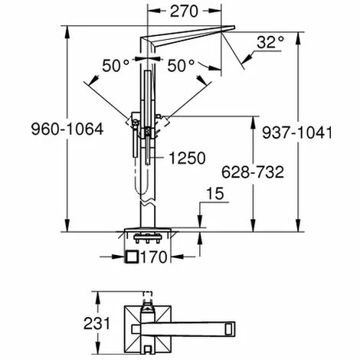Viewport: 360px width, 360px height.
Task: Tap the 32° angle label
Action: tap(270, 42)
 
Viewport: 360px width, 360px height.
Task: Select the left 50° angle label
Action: tap(117, 67)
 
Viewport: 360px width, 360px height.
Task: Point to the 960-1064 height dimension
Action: tap(33, 132)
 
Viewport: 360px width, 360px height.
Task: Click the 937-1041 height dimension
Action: tap(324, 132)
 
